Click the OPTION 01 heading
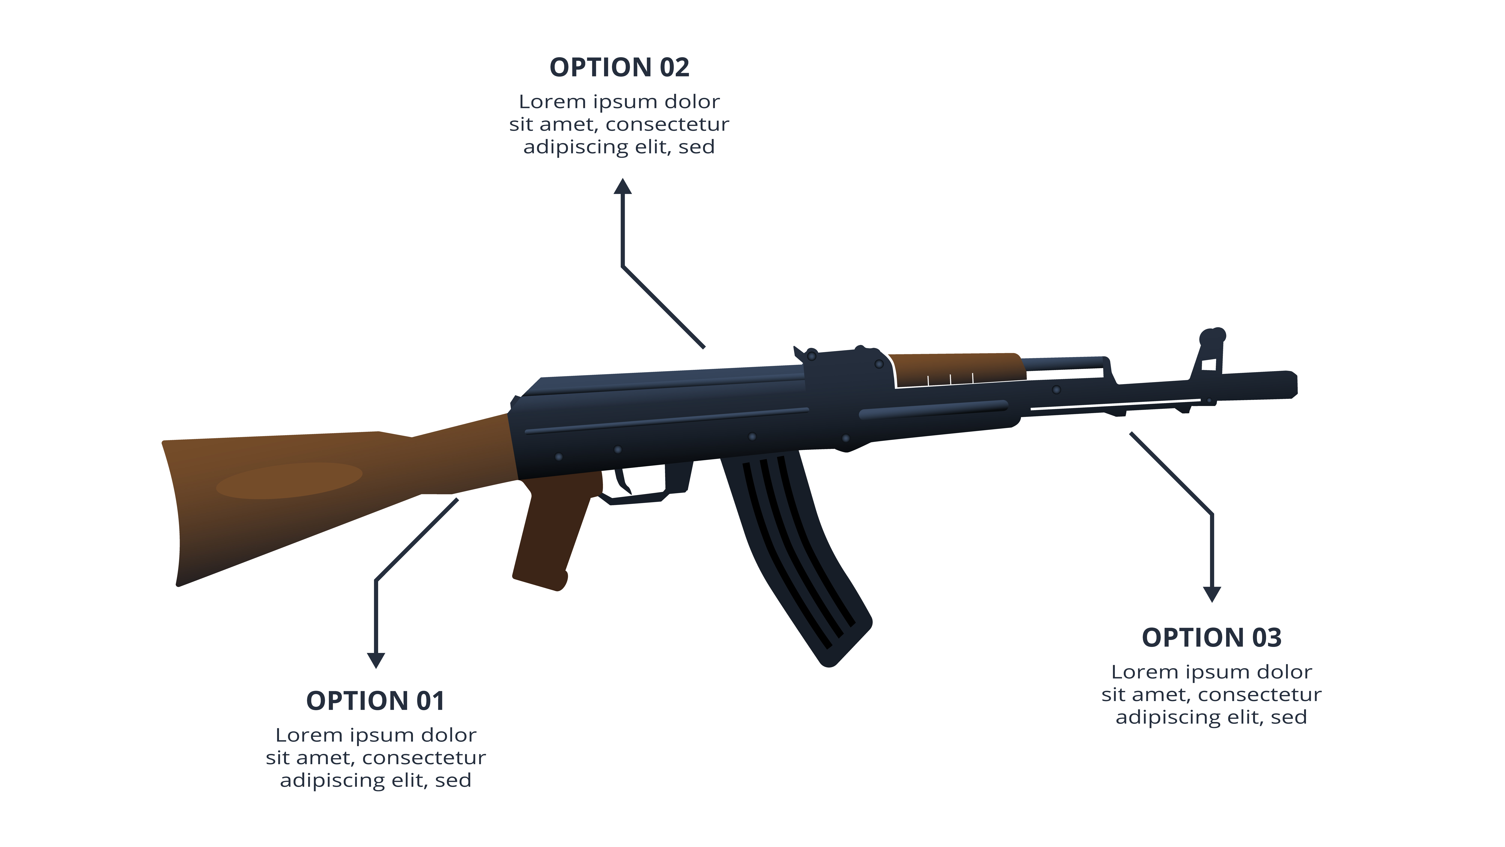pyautogui.click(x=375, y=701)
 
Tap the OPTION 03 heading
pyautogui.click(x=1212, y=638)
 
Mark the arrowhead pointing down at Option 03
pyautogui.click(x=1212, y=594)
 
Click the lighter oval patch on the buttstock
pyautogui.click(x=289, y=481)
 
